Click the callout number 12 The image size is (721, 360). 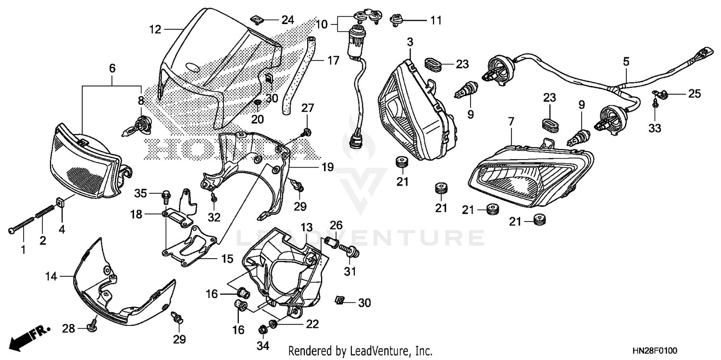point(155,30)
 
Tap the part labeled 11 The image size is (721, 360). point(397,20)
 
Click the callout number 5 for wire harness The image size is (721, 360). point(626,62)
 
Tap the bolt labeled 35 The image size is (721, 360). point(166,195)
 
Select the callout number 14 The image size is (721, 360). point(51,276)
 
